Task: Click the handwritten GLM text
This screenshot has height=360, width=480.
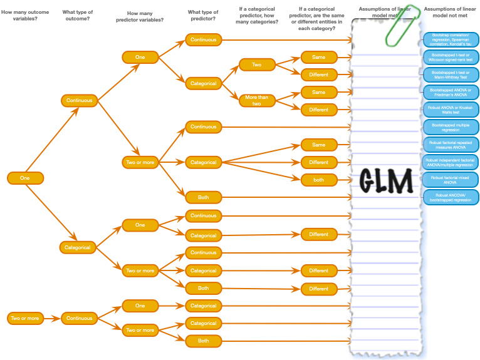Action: click(386, 181)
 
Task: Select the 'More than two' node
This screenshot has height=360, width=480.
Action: click(257, 100)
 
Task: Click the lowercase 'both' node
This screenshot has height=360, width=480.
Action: click(318, 179)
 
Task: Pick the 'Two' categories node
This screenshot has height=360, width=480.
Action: click(257, 65)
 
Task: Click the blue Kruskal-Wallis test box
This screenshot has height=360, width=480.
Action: click(451, 110)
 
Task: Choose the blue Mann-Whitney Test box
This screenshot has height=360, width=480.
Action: click(451, 75)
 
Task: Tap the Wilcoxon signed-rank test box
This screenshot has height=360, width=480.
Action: click(451, 57)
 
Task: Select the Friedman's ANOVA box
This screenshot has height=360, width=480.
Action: click(451, 92)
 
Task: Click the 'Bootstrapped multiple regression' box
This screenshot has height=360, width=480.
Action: click(451, 127)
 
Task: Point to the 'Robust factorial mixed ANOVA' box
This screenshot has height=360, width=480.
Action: click(451, 180)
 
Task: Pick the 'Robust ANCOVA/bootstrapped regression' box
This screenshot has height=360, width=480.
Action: click(451, 197)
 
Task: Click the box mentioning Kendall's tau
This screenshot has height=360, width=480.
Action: click(451, 39)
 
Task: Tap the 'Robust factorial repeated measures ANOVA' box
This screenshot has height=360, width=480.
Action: click(451, 145)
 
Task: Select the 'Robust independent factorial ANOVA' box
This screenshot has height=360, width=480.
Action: click(451, 162)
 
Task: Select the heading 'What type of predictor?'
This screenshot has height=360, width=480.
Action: click(204, 14)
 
